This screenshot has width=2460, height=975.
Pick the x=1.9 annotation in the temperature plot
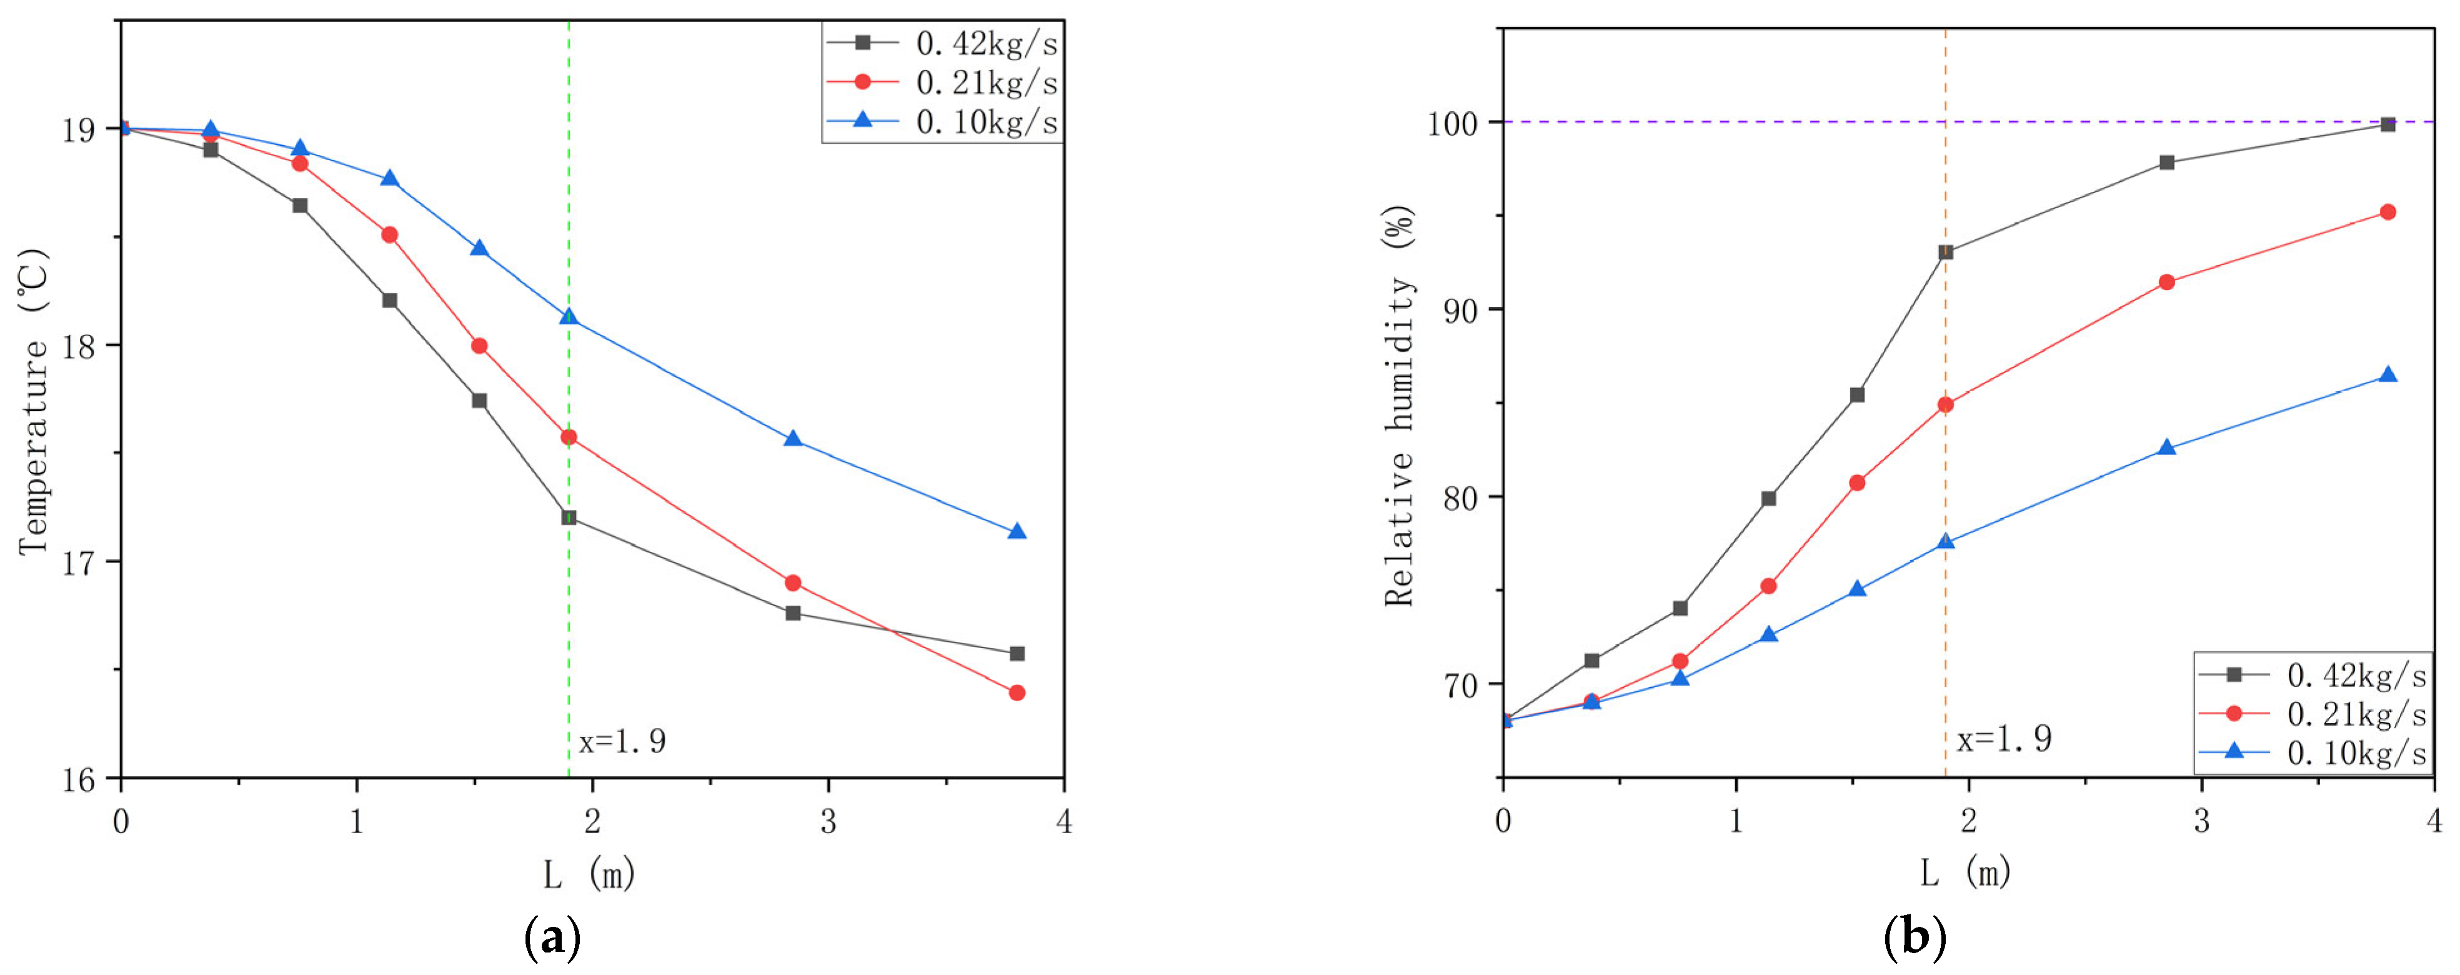click(x=622, y=741)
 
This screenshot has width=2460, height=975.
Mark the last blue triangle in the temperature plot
click(x=1017, y=532)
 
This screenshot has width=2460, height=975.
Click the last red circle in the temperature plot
click(x=1017, y=692)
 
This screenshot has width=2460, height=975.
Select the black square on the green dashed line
click(x=569, y=517)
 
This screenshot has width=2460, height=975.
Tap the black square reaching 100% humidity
click(x=2388, y=124)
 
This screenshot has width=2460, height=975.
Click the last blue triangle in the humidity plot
click(x=2388, y=375)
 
